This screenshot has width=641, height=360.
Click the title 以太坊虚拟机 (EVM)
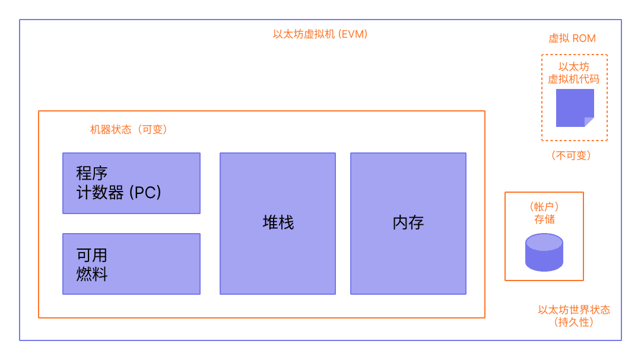click(320, 34)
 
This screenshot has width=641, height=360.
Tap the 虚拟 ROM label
click(572, 39)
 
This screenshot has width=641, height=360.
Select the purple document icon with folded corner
click(573, 107)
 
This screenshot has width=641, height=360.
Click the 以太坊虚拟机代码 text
click(573, 73)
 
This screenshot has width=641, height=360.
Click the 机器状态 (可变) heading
click(129, 129)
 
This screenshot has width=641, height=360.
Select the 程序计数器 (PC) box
click(131, 183)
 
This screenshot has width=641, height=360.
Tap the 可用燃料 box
click(131, 264)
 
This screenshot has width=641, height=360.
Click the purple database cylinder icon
click(544, 252)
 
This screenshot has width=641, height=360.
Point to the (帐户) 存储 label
click(544, 213)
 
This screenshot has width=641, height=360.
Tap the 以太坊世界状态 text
click(573, 310)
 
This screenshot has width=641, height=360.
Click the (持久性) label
click(573, 323)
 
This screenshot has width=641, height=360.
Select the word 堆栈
click(278, 223)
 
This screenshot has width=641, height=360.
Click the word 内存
click(408, 223)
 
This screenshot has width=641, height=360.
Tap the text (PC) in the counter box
click(145, 193)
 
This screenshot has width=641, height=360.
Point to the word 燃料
click(92, 275)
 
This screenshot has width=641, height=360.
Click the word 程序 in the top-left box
click(91, 174)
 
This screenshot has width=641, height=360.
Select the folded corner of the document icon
click(589, 122)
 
